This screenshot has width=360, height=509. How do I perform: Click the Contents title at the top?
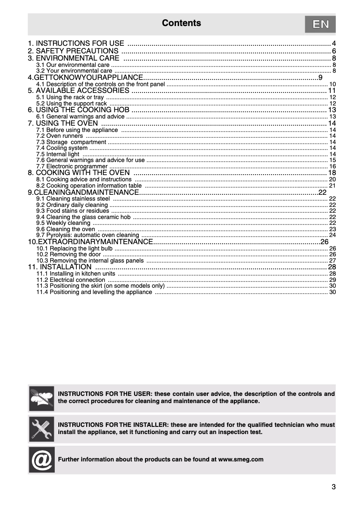[181, 23]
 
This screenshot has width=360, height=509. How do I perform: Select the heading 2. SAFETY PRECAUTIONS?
[73, 51]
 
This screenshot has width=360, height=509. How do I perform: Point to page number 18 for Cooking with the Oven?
[332, 173]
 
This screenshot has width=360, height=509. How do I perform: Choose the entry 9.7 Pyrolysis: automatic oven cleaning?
[88, 235]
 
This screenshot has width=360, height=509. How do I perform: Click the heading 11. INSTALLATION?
[60, 267]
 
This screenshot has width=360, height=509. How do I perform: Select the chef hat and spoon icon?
[41, 398]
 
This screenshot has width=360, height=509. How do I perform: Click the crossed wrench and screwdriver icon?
[41, 429]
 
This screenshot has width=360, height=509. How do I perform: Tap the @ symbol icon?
[41, 460]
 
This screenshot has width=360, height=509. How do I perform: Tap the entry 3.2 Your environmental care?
[74, 71]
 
